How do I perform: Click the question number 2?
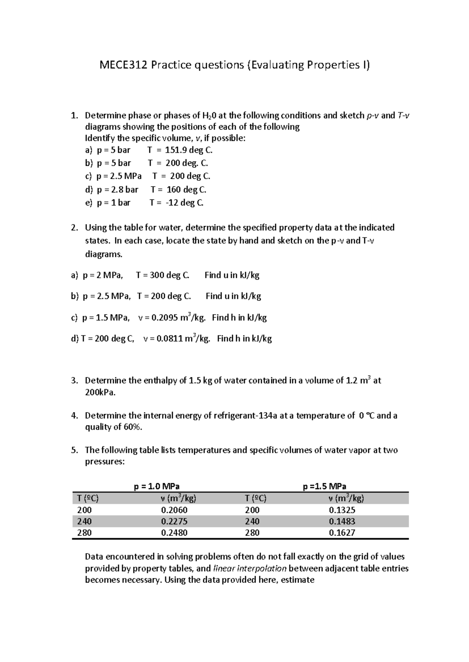75,228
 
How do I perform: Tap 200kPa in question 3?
100,392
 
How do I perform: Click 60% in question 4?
132,427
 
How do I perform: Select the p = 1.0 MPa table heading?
157,486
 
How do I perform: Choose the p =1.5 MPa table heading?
325,486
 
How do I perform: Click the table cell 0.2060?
174,510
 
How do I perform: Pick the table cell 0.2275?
174,521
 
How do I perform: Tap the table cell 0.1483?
342,521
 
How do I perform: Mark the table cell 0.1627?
342,532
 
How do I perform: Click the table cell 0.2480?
174,532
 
